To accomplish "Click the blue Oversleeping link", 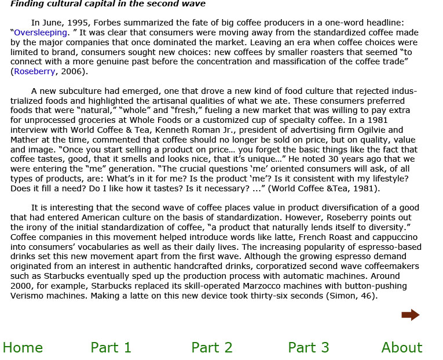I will [41, 32].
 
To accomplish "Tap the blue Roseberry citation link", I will [35, 71].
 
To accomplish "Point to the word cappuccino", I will [392, 237].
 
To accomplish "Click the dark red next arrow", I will [410, 315].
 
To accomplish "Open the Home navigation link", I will [23, 347].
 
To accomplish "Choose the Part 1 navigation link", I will [111, 347].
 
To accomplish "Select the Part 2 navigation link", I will [211, 347].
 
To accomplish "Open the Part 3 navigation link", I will [308, 347].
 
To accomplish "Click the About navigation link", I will [401, 347].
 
